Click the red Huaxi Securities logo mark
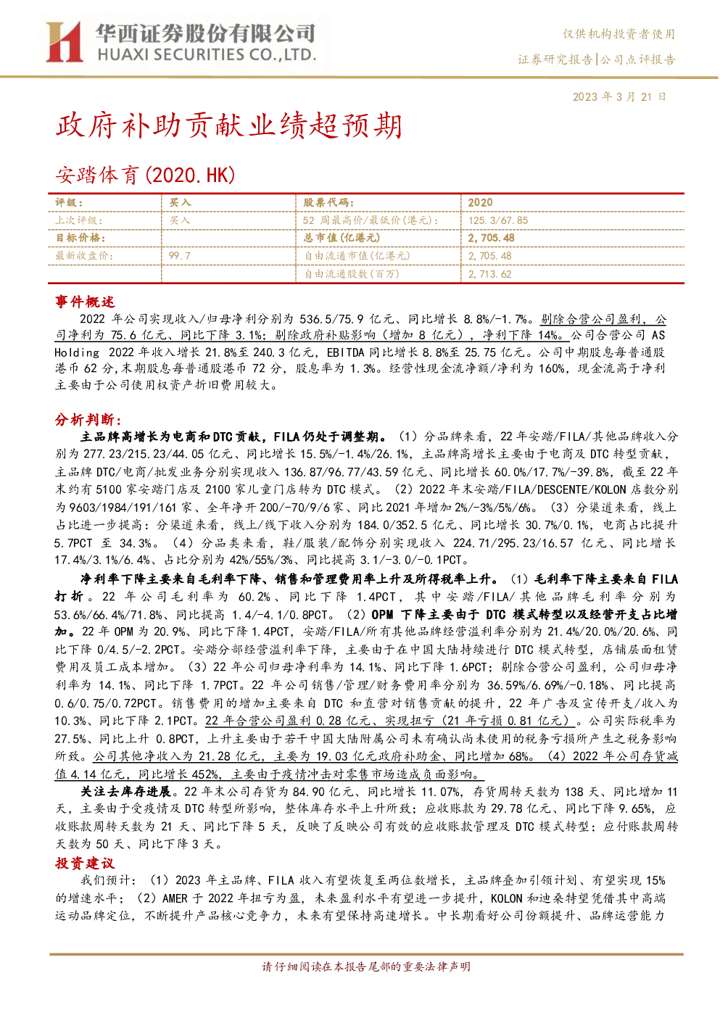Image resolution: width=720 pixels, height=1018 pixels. (64, 42)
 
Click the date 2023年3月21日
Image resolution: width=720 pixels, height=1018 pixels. (619, 97)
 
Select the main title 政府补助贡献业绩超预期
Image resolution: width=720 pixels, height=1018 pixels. (228, 125)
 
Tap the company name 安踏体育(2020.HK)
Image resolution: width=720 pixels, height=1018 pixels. (145, 175)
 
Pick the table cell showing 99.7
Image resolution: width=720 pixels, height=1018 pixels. (179, 256)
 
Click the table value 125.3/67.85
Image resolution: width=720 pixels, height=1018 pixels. (497, 220)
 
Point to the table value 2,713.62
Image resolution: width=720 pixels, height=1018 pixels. (489, 274)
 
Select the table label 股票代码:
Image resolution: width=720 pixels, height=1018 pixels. (328, 203)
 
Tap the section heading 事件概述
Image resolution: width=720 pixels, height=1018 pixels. (85, 302)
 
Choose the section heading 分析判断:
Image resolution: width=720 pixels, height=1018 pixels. (88, 419)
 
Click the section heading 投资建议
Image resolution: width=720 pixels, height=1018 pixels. (85, 863)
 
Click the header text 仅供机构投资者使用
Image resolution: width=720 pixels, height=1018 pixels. (618, 34)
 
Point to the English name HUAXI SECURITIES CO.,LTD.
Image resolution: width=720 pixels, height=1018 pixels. (207, 55)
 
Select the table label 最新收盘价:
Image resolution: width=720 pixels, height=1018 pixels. (84, 256)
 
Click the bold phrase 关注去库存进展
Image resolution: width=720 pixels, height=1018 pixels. (126, 791)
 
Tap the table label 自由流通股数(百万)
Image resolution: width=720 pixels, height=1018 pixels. (352, 274)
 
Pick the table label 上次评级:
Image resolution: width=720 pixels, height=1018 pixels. (78, 220)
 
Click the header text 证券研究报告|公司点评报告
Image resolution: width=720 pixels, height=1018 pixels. (596, 59)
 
